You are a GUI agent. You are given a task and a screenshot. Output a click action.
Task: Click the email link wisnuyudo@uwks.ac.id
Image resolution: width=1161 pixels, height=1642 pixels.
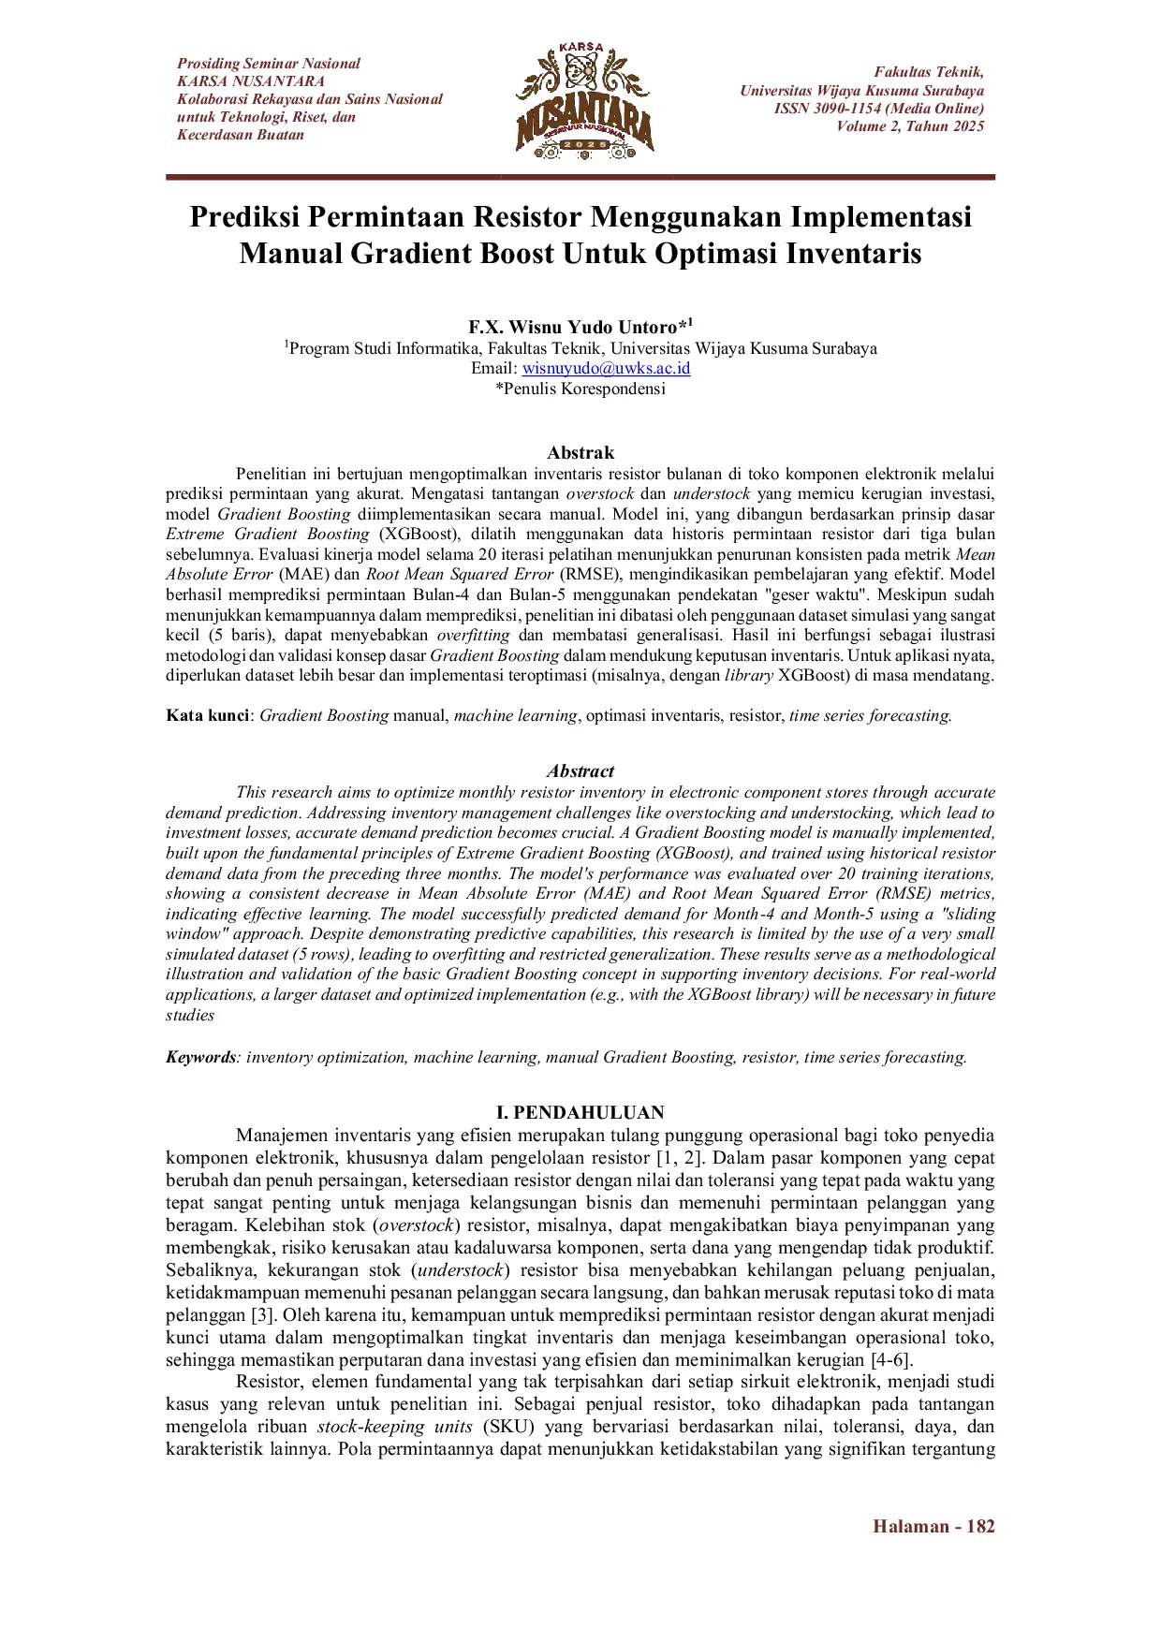(606, 368)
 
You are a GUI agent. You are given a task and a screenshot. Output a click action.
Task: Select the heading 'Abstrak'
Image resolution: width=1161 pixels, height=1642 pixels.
(580, 452)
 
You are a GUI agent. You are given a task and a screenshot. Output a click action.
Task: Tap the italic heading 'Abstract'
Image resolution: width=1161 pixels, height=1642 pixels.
(580, 771)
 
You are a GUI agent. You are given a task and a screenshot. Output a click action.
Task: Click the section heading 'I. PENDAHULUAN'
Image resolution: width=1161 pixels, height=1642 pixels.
(580, 1112)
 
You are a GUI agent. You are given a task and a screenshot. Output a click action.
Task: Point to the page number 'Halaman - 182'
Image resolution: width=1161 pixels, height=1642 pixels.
(933, 1526)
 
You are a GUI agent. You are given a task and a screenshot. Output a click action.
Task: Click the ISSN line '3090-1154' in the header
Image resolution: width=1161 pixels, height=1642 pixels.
(878, 109)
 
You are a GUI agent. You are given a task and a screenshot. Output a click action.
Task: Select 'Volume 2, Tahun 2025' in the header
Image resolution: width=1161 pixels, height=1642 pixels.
(910, 126)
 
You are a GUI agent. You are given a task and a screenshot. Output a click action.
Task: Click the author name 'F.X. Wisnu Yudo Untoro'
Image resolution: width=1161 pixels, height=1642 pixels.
(573, 327)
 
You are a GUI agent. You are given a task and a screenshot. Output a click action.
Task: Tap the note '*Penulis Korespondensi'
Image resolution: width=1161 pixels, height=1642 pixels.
(580, 389)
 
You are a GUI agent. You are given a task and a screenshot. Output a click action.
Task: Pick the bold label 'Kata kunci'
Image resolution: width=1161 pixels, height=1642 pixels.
(207, 715)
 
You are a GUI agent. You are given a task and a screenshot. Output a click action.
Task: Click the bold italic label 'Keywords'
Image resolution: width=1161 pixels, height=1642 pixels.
(201, 1057)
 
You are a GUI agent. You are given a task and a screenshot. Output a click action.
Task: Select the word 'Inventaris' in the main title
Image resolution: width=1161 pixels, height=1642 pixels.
(853, 254)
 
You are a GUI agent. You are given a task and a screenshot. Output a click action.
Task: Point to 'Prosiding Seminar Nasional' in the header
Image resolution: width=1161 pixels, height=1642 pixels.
(269, 64)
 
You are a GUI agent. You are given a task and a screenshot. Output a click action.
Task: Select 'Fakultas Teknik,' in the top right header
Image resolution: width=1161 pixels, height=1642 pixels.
(929, 72)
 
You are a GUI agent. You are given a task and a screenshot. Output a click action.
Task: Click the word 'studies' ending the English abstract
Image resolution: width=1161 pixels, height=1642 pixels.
(190, 1016)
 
